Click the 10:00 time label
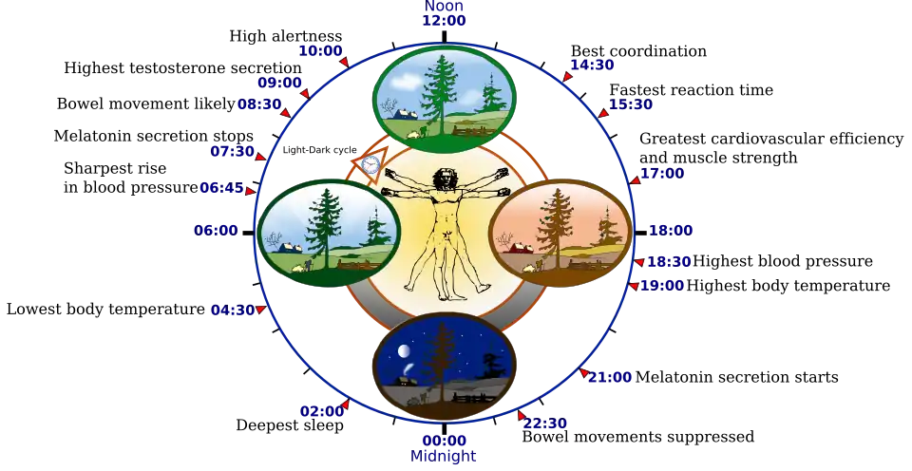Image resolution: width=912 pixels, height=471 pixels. [x=319, y=50]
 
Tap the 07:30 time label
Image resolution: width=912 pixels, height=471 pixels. [x=233, y=151]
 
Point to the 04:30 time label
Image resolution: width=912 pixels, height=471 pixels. [x=234, y=310]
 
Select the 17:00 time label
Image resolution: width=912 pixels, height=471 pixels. [x=662, y=174]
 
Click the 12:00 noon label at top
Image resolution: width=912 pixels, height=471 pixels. [x=445, y=20]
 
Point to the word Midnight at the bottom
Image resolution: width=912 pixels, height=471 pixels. [x=444, y=457]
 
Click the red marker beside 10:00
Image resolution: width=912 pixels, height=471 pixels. [x=345, y=63]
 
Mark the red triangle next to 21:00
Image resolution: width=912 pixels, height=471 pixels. [x=584, y=373]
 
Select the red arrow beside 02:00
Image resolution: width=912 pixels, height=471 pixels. [x=344, y=405]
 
